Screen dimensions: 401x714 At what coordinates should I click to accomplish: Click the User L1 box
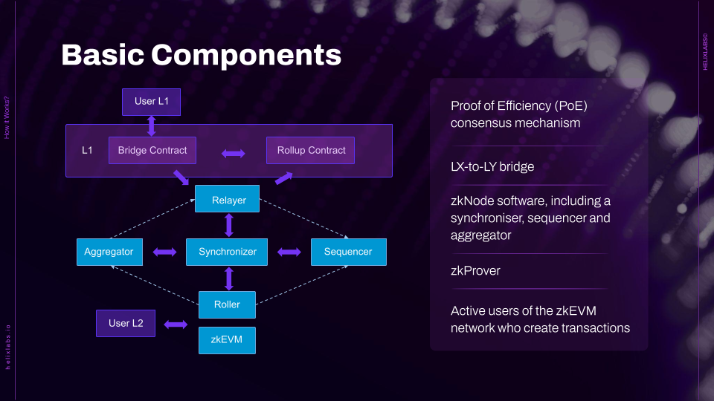click(x=151, y=102)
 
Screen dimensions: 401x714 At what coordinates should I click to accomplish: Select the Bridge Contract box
click(x=152, y=150)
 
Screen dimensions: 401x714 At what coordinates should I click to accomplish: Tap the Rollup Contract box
click(x=310, y=150)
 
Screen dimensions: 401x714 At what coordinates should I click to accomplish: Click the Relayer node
click(x=229, y=200)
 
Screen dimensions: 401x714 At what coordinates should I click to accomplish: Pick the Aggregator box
click(x=109, y=252)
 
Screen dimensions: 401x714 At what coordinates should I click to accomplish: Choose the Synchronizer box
click(x=227, y=252)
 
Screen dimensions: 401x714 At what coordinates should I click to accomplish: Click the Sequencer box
click(x=348, y=252)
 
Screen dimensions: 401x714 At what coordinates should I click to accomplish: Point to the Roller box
click(x=227, y=304)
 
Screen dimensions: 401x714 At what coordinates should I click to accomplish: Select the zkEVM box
click(x=227, y=340)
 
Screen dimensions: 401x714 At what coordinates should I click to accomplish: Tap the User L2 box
click(x=126, y=323)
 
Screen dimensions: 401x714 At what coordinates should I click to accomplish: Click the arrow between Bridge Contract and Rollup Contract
click(x=233, y=154)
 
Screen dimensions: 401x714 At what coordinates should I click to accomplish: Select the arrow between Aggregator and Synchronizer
click(x=164, y=252)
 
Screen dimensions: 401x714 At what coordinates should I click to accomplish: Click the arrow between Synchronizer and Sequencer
click(x=289, y=252)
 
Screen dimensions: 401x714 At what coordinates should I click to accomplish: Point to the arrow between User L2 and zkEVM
click(x=176, y=325)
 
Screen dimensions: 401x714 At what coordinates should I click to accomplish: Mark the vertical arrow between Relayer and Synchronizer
click(x=229, y=225)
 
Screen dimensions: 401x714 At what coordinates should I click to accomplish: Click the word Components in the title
click(x=246, y=55)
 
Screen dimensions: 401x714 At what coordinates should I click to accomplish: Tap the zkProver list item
click(x=475, y=270)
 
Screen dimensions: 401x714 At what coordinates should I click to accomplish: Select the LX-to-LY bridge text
click(x=492, y=166)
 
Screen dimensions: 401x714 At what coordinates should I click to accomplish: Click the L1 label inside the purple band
click(x=87, y=150)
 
